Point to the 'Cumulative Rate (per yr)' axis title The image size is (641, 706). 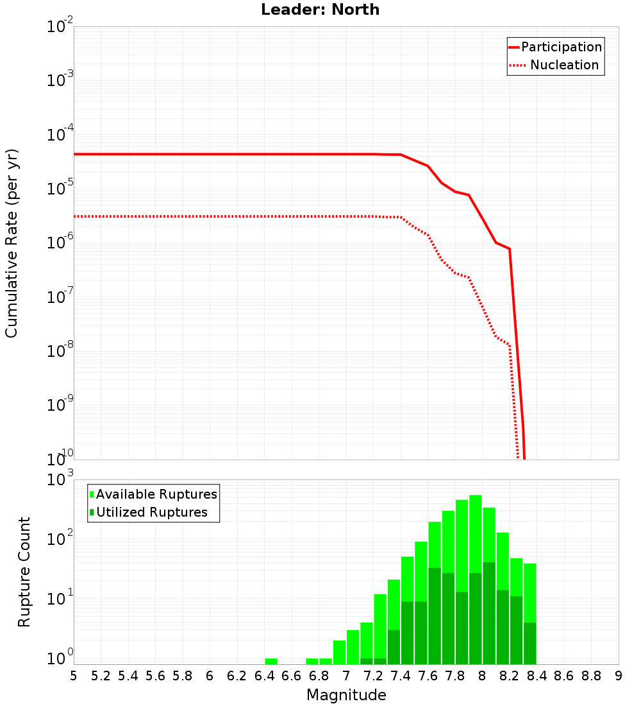pos(12,243)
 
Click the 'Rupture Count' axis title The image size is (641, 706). pos(24,572)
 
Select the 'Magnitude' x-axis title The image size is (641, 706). pos(346,695)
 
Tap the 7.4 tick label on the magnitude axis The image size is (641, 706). pos(401,676)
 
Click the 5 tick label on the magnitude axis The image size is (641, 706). pos(74,676)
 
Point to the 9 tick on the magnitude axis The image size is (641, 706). pos(619,676)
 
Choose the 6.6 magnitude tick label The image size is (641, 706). pos(292,676)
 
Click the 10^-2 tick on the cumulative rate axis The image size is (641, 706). pos(60,27)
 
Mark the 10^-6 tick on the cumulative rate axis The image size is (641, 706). pos(60,243)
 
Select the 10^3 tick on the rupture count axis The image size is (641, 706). pos(60,480)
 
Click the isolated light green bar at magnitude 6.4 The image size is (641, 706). pos(271,661)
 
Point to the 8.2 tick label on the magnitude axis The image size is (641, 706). pos(510,676)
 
